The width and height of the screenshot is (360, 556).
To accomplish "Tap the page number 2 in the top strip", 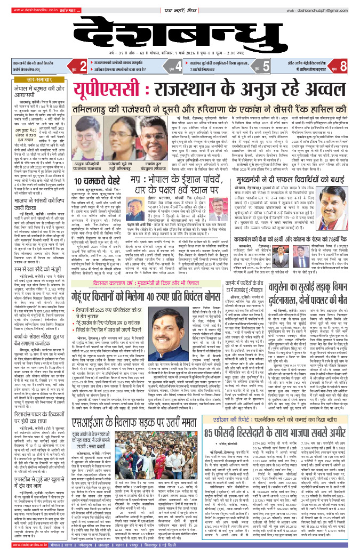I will (x=83, y=67).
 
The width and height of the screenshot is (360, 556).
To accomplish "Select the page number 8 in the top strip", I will (x=344, y=67).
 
